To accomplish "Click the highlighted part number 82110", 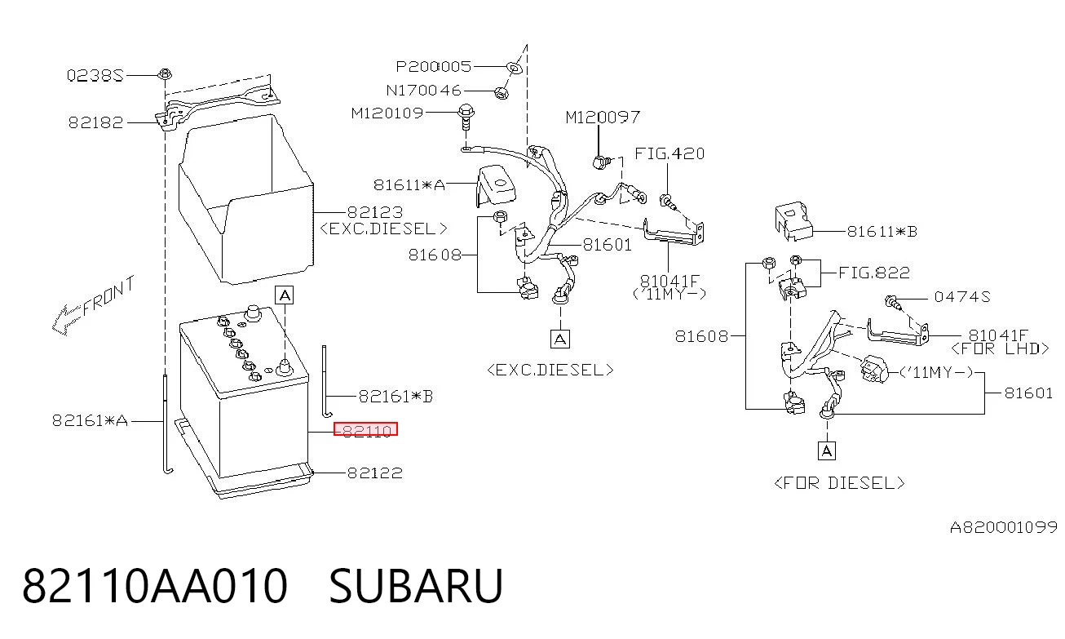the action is [x=365, y=429].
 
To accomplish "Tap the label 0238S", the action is [x=95, y=75].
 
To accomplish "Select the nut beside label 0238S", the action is [x=165, y=74].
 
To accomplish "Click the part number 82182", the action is [x=95, y=122].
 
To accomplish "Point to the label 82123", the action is [x=375, y=211].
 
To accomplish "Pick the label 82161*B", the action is [x=396, y=396].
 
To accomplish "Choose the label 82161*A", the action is [x=90, y=420].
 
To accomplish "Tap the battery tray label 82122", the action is [x=375, y=473].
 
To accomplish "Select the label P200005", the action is [x=434, y=66].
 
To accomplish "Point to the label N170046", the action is [x=423, y=91].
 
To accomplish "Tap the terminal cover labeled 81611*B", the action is [x=793, y=221].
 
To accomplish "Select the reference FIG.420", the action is [x=669, y=153].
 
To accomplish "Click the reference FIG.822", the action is [x=874, y=273].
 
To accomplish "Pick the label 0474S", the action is [x=961, y=297].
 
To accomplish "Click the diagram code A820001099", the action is [x=1004, y=527].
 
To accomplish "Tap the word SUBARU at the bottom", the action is [x=416, y=585].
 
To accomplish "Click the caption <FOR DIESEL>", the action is [x=839, y=483].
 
